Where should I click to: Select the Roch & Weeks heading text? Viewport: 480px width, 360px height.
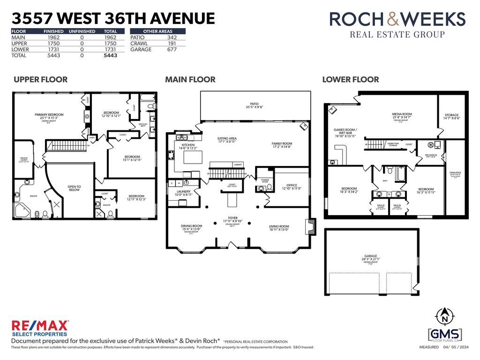coord(397,19)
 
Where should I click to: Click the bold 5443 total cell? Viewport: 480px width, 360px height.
coord(110,55)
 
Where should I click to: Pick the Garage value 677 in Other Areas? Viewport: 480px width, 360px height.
coord(172,49)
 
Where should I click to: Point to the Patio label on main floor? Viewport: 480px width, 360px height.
coord(255,104)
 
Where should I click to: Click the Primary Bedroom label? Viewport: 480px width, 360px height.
coord(49,114)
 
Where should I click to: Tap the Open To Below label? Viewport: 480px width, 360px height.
coord(74,188)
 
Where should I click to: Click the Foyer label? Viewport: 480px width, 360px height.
coord(233,218)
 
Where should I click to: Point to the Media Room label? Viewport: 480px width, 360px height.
coord(402,114)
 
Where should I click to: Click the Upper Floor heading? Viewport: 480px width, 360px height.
coord(40,80)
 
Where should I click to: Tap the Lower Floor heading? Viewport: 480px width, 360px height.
coord(350,80)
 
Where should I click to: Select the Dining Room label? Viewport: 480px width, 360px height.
coord(191,226)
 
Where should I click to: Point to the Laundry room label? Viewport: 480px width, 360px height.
coord(183,191)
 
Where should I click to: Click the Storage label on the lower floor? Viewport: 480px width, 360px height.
coord(452,115)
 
